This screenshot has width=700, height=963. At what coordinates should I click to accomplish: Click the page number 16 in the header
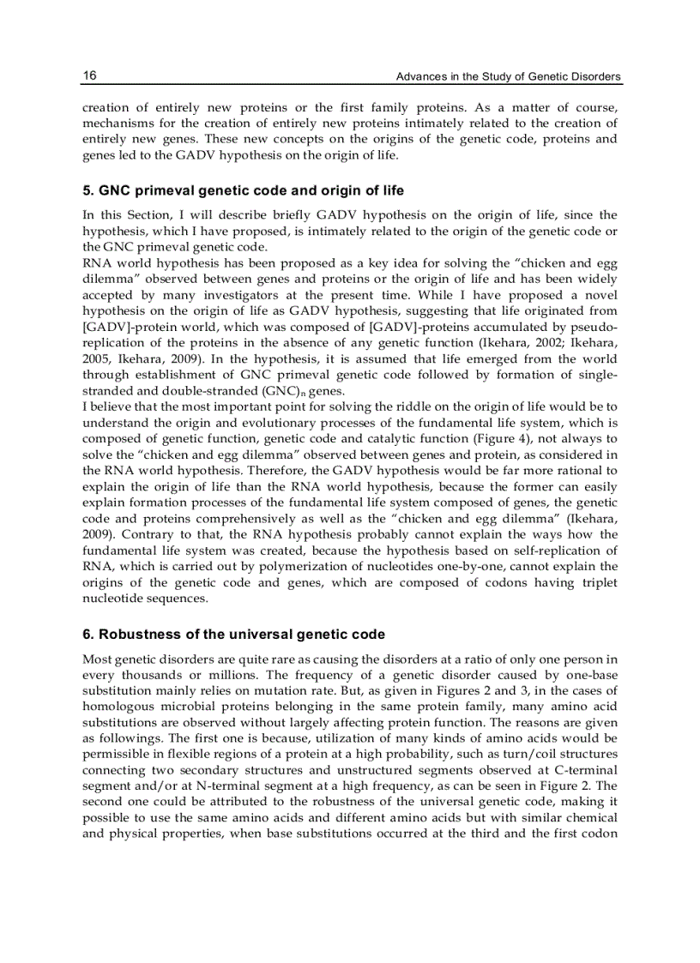[89, 76]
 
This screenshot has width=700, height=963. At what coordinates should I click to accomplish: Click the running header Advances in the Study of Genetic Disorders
[508, 77]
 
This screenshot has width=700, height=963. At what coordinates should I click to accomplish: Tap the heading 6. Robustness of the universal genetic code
[233, 635]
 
